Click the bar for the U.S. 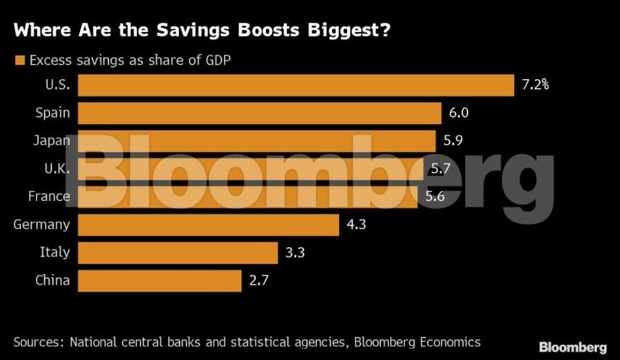point(296,85)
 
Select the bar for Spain point(259,114)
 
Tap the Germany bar point(208,224)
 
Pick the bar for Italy point(178,253)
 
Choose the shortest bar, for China point(160,281)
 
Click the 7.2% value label point(535,85)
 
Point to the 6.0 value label point(459,114)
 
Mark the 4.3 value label point(357,224)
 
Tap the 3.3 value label point(296,253)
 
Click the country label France point(49,197)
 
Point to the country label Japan point(52,141)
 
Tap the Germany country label point(42,224)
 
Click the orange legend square point(19,60)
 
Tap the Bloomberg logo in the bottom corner point(572,348)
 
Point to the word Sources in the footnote point(38,342)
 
